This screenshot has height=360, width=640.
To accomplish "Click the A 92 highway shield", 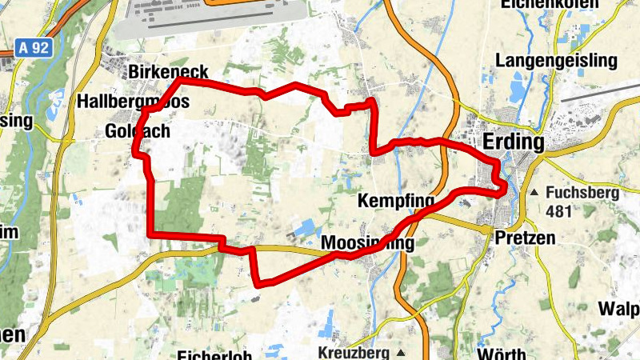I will (34, 48).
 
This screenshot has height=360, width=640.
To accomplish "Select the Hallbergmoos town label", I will (134, 102).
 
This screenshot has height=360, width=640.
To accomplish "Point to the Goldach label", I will (138, 131).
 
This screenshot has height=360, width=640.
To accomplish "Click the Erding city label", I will (514, 143).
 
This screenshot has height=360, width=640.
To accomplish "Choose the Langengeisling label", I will (556, 61).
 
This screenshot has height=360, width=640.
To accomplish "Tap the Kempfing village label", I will (396, 200).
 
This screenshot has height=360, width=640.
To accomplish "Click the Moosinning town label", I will (368, 242).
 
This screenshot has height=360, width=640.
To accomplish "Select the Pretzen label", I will (524, 238).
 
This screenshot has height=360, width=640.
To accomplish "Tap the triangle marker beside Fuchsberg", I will (534, 193).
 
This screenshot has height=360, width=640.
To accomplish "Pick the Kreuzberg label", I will (352, 352).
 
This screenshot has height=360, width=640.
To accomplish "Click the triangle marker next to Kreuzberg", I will (401, 352).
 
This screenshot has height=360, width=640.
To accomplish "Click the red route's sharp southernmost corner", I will (258, 283).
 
